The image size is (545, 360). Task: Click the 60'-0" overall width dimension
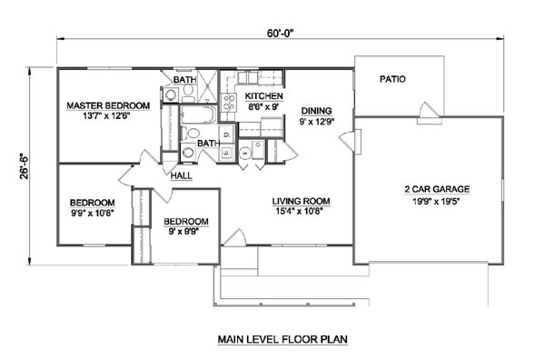click(280, 33)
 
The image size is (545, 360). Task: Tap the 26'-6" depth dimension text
click(25, 166)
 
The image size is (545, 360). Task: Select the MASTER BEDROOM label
click(108, 105)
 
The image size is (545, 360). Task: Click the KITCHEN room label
click(263, 96)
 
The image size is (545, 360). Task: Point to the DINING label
click(316, 111)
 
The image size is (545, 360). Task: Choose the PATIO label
click(392, 79)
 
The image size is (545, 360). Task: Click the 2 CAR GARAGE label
click(437, 189)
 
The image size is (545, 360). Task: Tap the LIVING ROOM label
click(301, 201)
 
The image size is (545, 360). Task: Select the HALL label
click(181, 176)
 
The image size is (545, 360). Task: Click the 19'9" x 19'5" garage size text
click(437, 201)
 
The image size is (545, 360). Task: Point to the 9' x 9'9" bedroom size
click(183, 231)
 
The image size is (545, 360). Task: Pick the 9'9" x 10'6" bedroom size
click(93, 213)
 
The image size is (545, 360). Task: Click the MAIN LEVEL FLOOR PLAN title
click(282, 339)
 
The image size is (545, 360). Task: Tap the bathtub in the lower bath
click(198, 115)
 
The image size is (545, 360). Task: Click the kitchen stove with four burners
click(228, 103)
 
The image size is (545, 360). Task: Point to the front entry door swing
click(235, 238)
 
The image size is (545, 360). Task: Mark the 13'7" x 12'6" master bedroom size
click(106, 115)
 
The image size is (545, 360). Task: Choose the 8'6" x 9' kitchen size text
click(263, 106)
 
